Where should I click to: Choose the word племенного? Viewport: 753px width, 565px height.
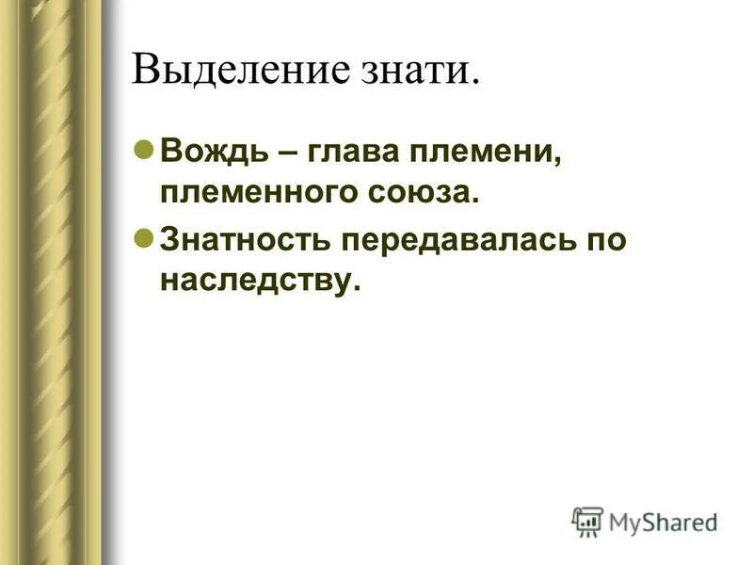(255, 194)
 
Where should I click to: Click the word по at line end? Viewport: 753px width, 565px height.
(603, 239)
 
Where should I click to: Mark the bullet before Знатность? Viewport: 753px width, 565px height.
(145, 237)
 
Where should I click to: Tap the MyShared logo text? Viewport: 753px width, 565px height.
(663, 522)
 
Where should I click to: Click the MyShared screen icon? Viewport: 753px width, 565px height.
(587, 522)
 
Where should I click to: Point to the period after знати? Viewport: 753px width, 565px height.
(475, 82)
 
